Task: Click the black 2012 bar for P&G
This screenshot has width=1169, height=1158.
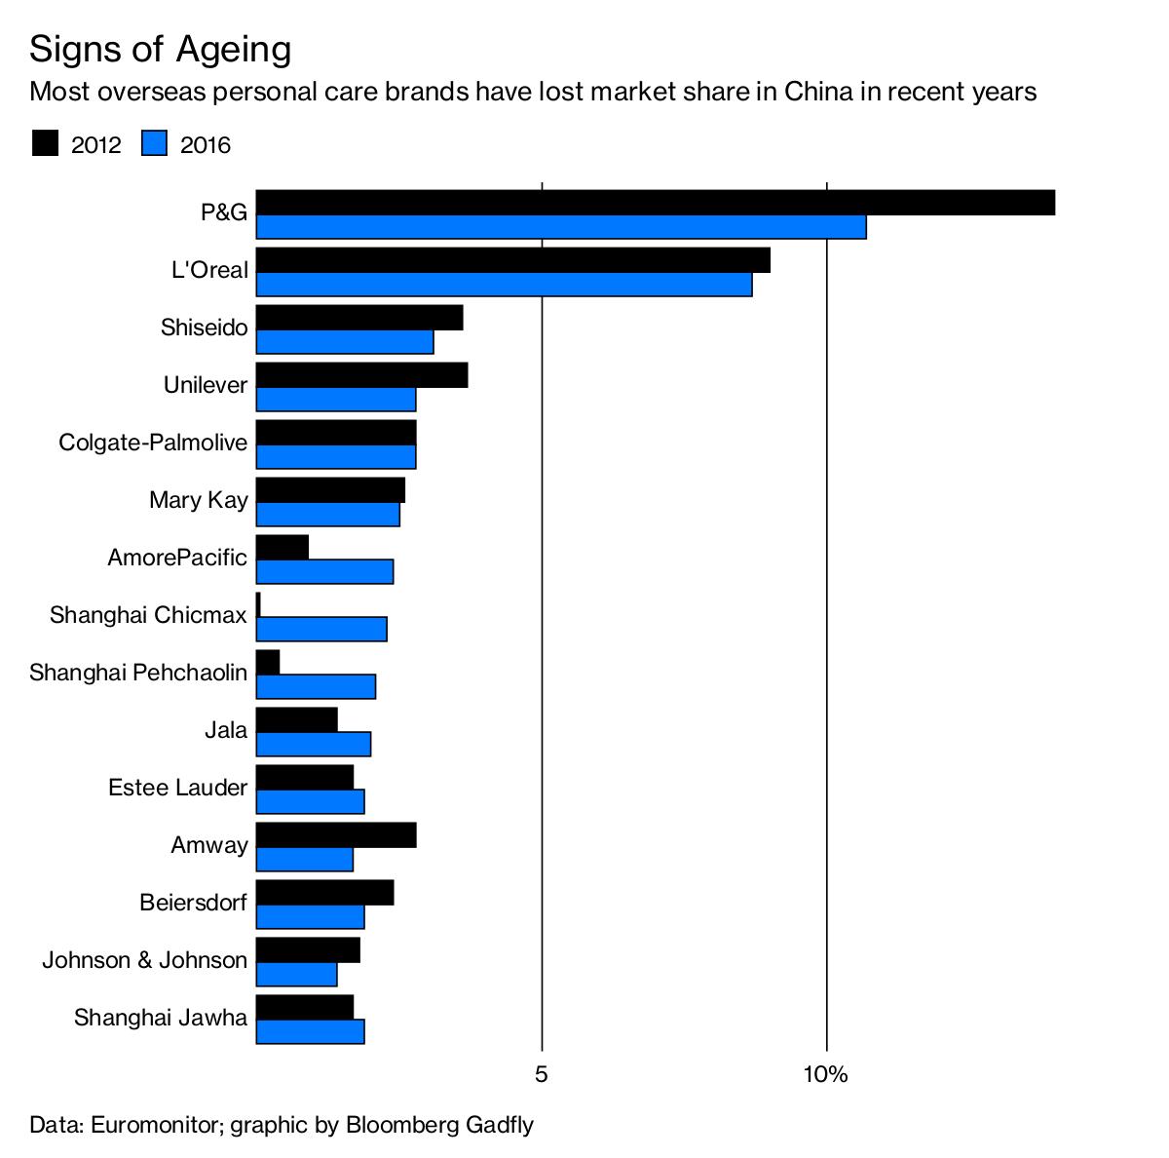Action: coord(655,203)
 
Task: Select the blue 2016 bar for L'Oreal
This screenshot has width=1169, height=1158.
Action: coord(504,285)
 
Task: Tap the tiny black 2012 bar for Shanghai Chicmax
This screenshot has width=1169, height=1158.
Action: coord(258,604)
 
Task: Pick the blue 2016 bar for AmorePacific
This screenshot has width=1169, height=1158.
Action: coord(324,571)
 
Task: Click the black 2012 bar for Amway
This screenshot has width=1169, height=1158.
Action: coord(336,835)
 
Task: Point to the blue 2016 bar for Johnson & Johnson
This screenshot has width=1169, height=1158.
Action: coord(296,974)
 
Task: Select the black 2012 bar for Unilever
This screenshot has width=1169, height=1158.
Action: coord(361,375)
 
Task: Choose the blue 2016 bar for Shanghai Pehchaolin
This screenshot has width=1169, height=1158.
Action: coord(316,686)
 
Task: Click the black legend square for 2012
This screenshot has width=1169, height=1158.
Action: coord(45,144)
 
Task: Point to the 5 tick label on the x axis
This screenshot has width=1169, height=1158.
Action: coord(542,1075)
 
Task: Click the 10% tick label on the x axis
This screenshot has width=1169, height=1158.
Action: coord(826,1075)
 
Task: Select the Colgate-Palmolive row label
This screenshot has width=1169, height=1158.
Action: coord(153,443)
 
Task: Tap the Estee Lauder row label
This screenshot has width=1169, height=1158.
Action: coord(177,788)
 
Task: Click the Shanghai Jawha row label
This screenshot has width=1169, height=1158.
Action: coord(161,1018)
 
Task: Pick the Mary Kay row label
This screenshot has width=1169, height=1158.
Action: coord(199,500)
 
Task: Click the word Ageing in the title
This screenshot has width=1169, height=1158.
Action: coord(234,49)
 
